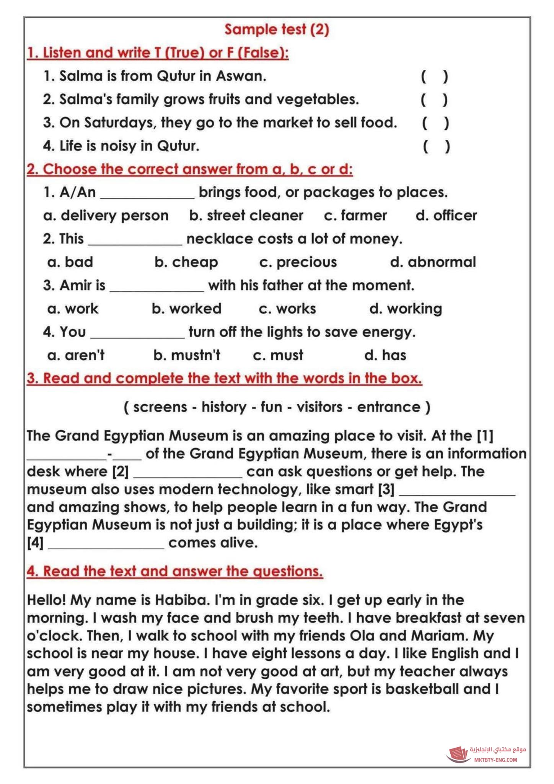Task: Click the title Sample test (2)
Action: [x=277, y=29]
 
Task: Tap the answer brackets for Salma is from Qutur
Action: [x=434, y=77]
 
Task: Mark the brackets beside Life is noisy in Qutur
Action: [x=436, y=146]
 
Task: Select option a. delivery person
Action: [x=106, y=216]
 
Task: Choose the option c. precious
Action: [x=298, y=262]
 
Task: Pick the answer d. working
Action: [x=406, y=309]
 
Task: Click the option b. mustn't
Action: [x=187, y=355]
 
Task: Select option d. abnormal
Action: [x=433, y=262]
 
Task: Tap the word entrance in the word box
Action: [x=388, y=407]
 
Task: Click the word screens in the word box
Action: [x=160, y=407]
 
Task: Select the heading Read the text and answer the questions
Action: [x=175, y=571]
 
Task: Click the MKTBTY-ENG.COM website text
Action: [x=495, y=760]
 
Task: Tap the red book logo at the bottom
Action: [x=458, y=755]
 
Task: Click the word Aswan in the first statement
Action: [x=241, y=76]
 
